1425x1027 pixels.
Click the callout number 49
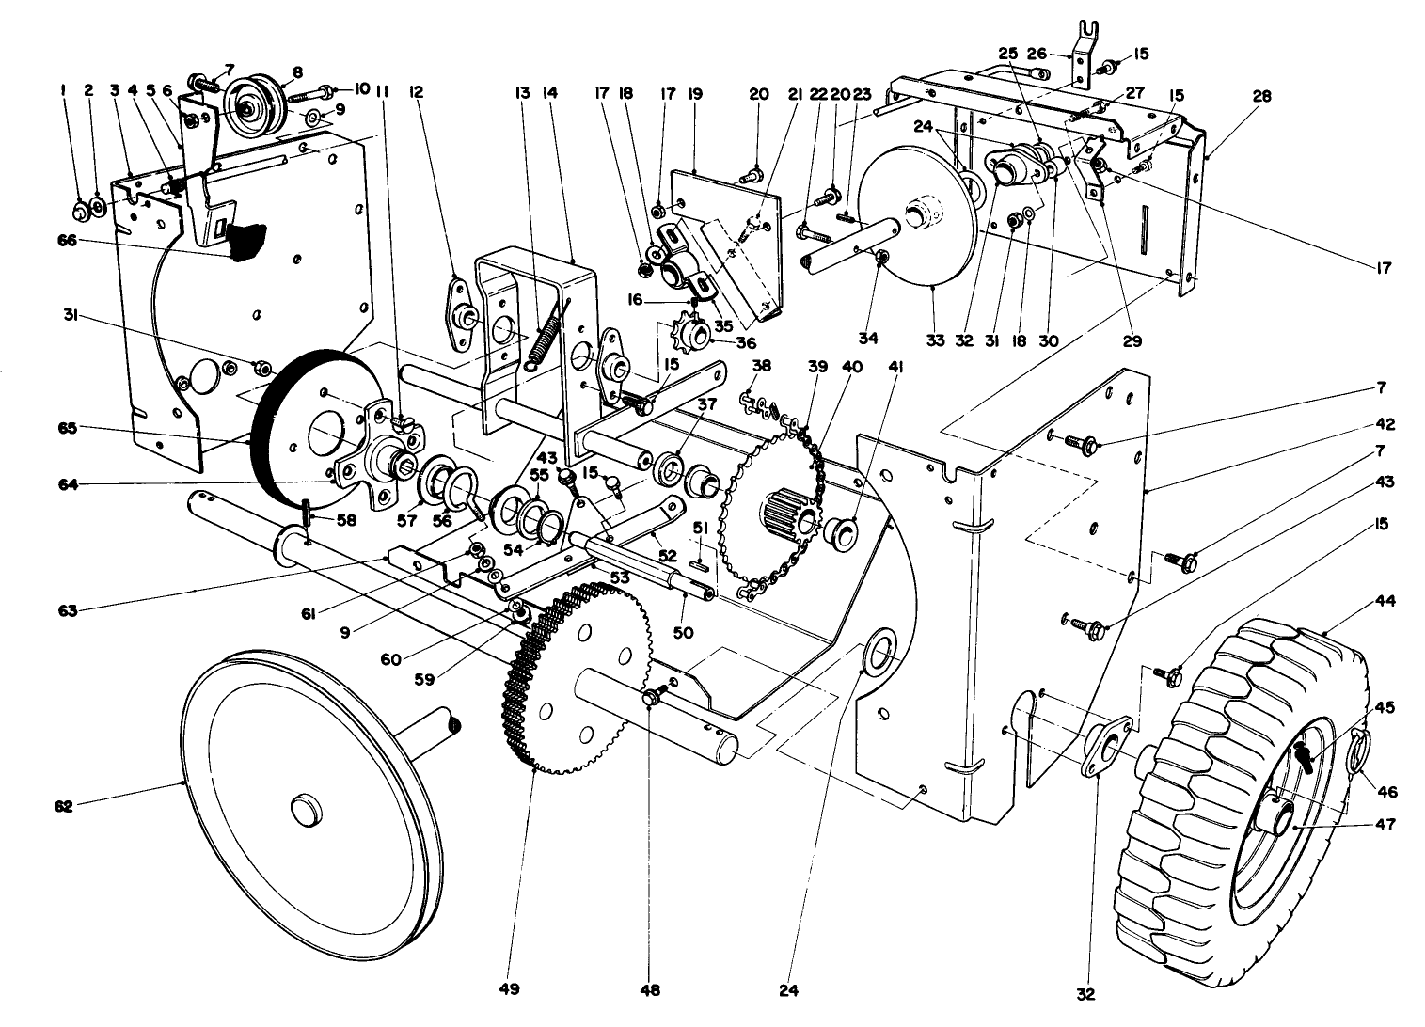(x=509, y=989)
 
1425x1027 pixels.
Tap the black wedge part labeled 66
(x=246, y=240)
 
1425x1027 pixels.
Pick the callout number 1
(x=62, y=91)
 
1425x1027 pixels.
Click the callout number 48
(x=651, y=989)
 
